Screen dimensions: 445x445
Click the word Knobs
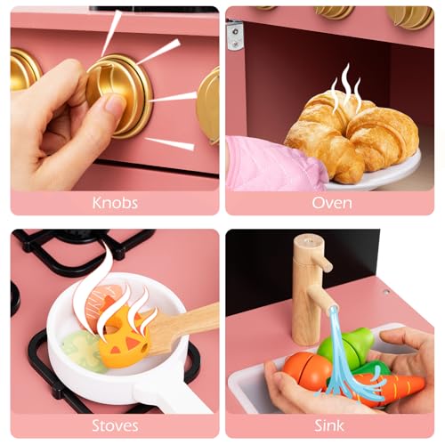click(115, 203)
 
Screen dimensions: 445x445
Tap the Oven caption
click(332, 203)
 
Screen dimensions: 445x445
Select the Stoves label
click(115, 425)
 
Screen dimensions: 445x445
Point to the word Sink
click(329, 425)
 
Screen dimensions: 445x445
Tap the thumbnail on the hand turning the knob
click(114, 104)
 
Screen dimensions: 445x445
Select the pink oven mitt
click(273, 163)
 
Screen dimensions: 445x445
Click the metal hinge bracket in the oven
click(235, 35)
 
